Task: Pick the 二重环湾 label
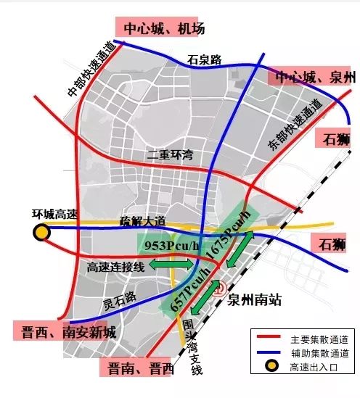[x=171, y=154]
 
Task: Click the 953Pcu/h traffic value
[x=171, y=246]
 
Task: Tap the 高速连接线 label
[x=116, y=267]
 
